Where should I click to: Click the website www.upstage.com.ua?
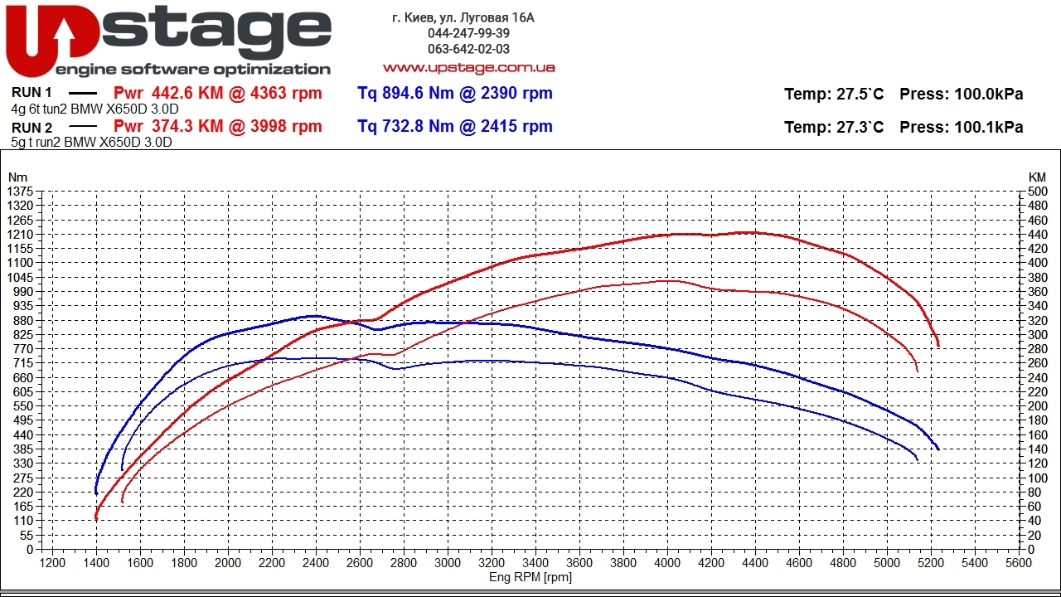coord(468,67)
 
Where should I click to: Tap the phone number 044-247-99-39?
coord(468,33)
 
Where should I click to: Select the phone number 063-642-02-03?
coord(468,49)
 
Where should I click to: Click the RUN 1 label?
coord(31,93)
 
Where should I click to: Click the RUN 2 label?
coord(31,127)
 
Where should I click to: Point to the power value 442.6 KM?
coord(187,93)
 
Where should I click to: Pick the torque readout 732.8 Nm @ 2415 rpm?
coord(455,126)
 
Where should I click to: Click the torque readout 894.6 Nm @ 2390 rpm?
coord(455,93)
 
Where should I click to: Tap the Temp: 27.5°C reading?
coord(834,94)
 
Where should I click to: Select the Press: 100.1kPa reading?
coord(961,127)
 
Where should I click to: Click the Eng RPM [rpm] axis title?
coord(530,577)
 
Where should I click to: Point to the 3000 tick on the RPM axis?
coord(448,561)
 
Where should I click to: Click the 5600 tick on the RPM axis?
coord(1019,561)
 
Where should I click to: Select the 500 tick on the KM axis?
coord(1037,192)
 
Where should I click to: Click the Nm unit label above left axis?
coord(17,177)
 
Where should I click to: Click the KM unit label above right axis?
coord(1037,177)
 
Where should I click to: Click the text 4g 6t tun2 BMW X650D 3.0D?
coord(94,109)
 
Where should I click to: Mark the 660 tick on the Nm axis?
coord(22,377)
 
